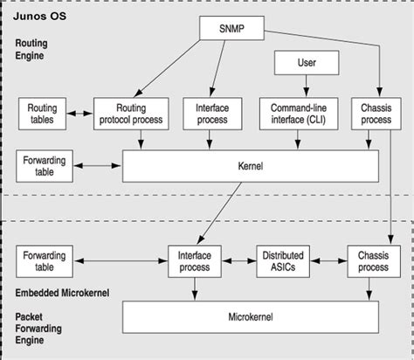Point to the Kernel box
coord(250,164)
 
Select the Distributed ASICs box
coord(281,260)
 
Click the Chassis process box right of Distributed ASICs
coord(373,260)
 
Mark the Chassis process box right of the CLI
coord(376,113)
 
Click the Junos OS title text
coord(37,14)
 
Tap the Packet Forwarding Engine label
coord(40,329)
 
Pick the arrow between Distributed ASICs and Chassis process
coord(326,260)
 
